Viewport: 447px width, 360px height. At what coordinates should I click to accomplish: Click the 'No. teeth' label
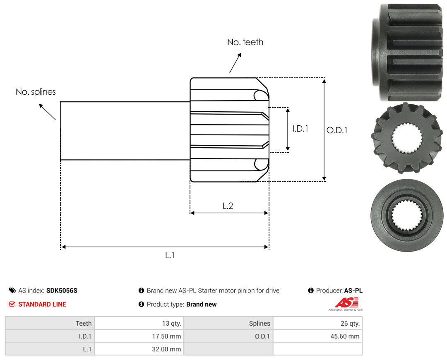tap(245, 42)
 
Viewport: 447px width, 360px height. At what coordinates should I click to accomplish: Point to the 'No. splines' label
tap(36, 92)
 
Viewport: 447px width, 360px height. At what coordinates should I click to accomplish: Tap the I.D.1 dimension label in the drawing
tap(300, 129)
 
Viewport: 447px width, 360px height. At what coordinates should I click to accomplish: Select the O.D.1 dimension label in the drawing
tap(337, 130)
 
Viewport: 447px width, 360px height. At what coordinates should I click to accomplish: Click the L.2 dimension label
tap(228, 206)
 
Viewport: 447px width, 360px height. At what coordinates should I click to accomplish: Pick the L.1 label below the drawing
tap(170, 255)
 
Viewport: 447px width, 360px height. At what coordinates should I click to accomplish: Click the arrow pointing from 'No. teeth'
tap(235, 63)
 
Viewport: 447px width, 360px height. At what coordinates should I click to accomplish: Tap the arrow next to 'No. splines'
tap(47, 112)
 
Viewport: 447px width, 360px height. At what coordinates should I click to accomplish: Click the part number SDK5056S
tap(62, 290)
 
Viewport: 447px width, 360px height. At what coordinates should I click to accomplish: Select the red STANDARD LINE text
tap(42, 305)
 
